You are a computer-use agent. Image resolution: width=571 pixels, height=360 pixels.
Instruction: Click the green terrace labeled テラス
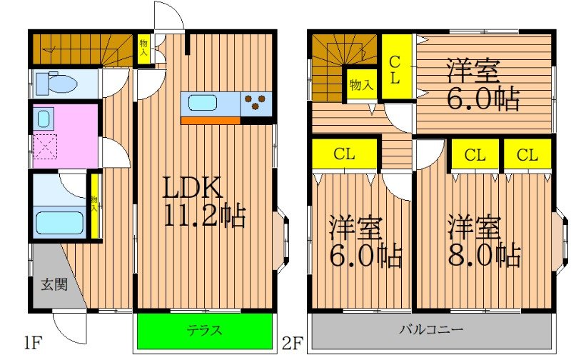205,331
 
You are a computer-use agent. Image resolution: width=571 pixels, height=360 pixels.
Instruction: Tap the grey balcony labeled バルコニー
430,331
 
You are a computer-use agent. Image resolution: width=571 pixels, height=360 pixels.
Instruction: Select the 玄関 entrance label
53,285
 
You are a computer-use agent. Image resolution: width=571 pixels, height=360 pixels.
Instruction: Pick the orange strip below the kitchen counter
210,120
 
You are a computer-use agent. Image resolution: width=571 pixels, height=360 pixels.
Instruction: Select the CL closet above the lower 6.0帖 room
345,153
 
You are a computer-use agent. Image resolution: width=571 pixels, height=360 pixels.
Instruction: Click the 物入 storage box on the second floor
360,84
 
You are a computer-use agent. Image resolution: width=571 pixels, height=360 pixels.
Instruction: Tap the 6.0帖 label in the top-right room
482,86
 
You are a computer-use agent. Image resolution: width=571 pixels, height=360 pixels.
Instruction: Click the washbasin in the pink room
44,118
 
